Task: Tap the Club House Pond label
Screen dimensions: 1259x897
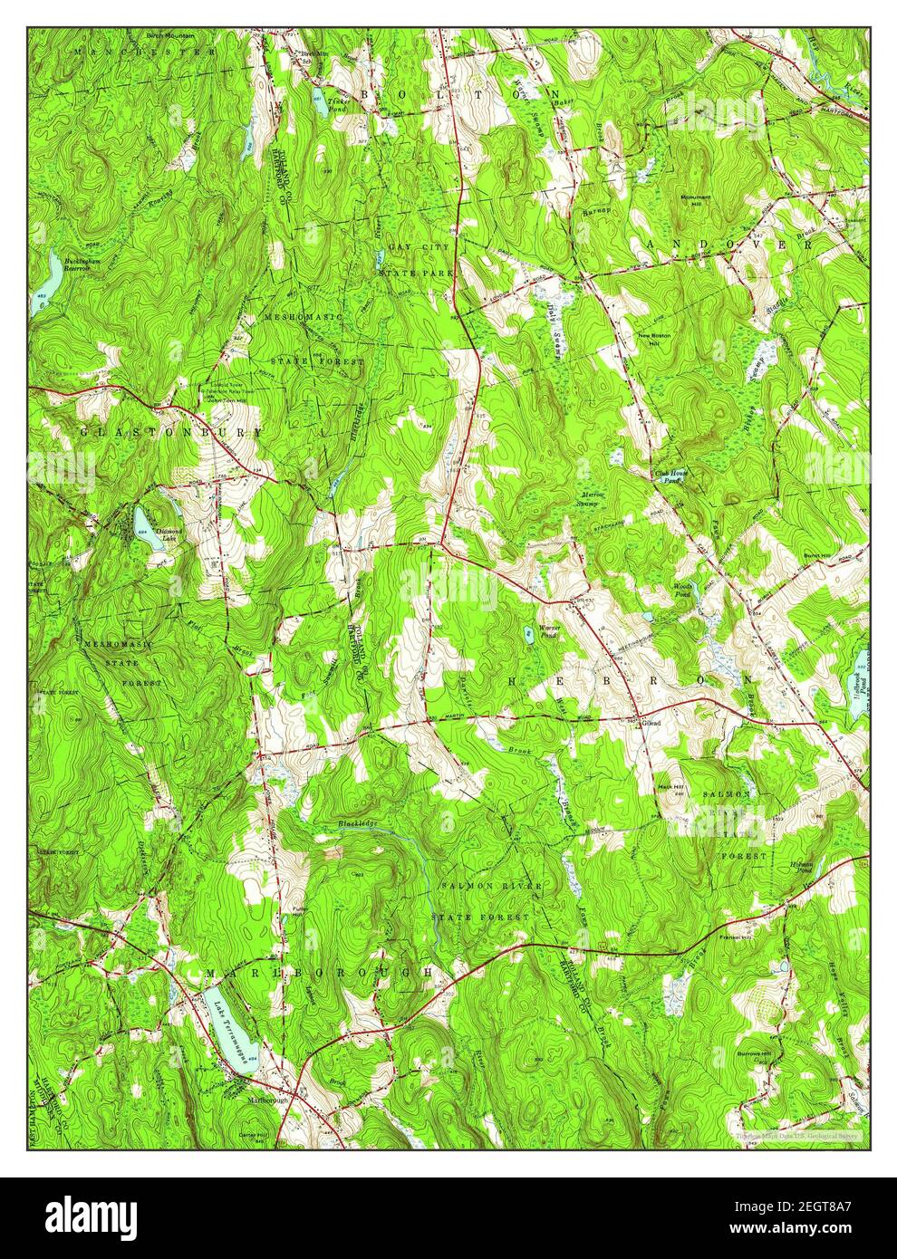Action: pos(669,476)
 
